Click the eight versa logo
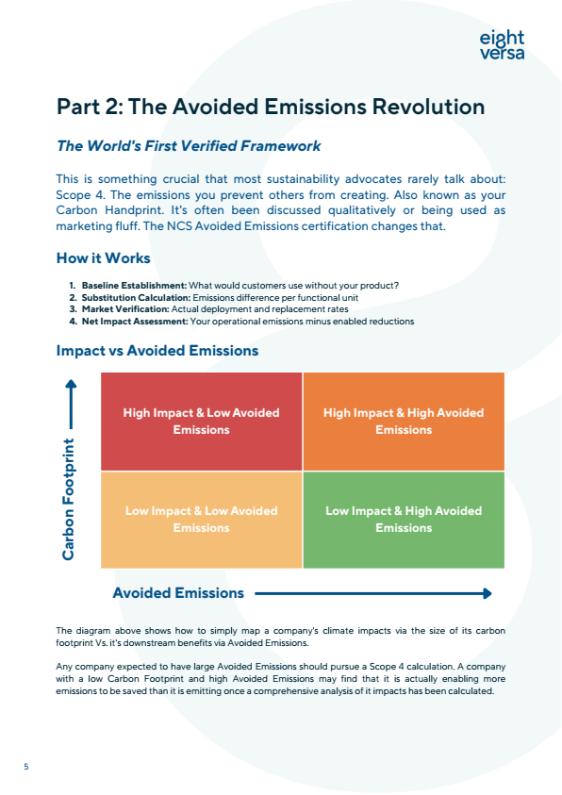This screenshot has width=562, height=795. click(x=501, y=45)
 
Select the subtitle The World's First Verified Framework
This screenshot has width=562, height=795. click(x=189, y=146)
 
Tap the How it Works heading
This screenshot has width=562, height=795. click(x=103, y=258)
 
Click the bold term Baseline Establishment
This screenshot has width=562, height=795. click(x=134, y=285)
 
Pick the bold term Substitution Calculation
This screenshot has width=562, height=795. click(x=136, y=297)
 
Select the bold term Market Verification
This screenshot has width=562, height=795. click(x=125, y=309)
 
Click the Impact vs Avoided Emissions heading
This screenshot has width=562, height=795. click(x=157, y=351)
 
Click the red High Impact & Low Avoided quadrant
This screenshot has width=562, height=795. click(x=201, y=422)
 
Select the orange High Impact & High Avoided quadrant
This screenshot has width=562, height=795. click(x=404, y=422)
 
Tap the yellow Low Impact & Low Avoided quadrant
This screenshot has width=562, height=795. click(x=201, y=520)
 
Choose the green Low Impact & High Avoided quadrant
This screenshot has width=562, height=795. click(x=404, y=520)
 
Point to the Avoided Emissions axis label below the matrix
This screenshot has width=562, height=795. click(x=178, y=593)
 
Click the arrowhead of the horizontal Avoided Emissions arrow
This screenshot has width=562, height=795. click(x=487, y=593)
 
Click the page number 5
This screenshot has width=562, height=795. click(x=26, y=767)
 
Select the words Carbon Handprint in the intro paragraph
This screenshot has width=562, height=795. click(x=96, y=210)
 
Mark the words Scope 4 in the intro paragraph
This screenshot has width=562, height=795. click(x=77, y=194)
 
